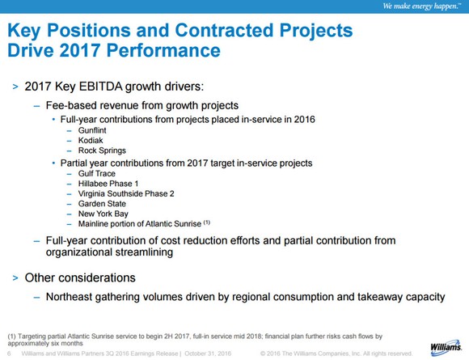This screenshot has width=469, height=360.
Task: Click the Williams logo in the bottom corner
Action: pos(446,348)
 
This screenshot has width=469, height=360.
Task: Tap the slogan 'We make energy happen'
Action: pos(421,6)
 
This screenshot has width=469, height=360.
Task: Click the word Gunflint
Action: pos(92,130)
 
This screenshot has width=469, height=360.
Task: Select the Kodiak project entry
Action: pos(91,140)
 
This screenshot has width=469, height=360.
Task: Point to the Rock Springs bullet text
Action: pos(102,150)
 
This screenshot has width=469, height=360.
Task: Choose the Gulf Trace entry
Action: pos(96,174)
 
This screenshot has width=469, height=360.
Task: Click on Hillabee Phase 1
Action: pos(108,184)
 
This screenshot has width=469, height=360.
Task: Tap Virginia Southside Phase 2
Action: pos(126,194)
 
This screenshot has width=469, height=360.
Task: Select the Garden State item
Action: pos(102,204)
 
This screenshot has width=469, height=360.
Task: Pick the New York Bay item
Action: pos(104,214)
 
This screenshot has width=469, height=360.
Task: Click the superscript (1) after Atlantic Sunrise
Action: pos(207,222)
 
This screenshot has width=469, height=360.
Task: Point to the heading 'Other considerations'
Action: pos(80,277)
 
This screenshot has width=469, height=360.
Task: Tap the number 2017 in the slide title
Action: pos(79,50)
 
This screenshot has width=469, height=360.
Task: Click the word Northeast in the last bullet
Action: pos(69,297)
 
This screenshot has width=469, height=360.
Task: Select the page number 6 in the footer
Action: pos(9,354)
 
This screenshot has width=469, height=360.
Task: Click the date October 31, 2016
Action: pos(208,354)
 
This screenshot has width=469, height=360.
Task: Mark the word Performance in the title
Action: pos(163,50)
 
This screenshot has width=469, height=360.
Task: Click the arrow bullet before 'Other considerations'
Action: pos(15,278)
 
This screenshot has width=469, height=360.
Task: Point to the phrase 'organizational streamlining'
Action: pos(109,252)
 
